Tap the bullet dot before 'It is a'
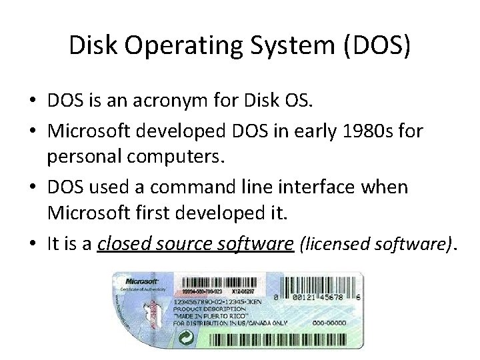[x=33, y=245]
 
